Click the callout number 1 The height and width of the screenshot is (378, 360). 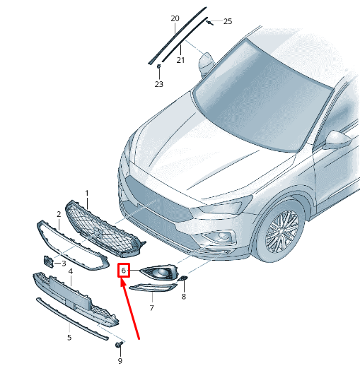coord(87,194)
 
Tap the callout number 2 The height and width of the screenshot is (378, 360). coord(59,214)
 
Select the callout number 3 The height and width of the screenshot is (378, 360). coord(64,264)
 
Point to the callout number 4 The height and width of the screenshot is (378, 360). coord(71,271)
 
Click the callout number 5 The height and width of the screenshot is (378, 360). coord(69,338)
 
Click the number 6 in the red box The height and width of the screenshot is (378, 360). coord(124,271)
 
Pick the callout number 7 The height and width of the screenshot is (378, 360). coord(151,308)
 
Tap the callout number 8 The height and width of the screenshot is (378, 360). coord(184,297)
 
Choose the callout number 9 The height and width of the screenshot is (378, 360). coord(120,361)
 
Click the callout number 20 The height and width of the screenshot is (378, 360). coord(175,18)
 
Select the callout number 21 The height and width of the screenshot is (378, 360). coord(180,60)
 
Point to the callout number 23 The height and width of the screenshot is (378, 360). coord(158,84)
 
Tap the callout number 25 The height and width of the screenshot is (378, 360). coord(228,21)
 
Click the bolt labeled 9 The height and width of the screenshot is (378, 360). coord(119,345)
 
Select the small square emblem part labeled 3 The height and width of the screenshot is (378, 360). coord(48,262)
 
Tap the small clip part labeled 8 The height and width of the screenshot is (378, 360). coord(183,278)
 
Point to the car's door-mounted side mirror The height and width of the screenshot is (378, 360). coord(337,141)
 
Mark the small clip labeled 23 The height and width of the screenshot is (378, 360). coord(158,66)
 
